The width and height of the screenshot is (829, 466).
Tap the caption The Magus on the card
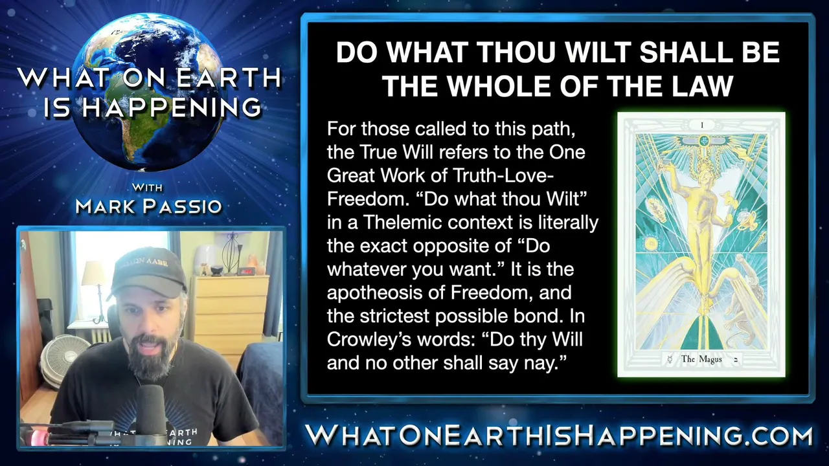click(x=701, y=359)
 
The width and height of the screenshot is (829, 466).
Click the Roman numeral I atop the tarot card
click(x=702, y=126)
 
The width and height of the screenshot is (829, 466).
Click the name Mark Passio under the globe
click(x=149, y=206)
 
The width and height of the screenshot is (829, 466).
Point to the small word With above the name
click(x=147, y=188)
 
